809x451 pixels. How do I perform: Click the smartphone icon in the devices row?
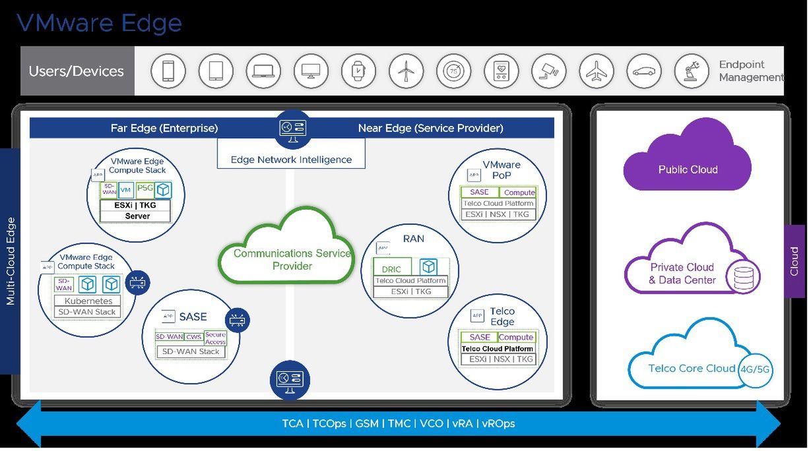tap(168, 71)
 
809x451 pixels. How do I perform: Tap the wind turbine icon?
tap(406, 71)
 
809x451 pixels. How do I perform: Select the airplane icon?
tap(596, 71)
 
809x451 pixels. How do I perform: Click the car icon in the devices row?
tap(643, 71)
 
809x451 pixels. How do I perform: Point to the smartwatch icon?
tap(358, 71)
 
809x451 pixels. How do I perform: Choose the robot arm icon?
tap(692, 71)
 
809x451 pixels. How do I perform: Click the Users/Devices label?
tap(77, 71)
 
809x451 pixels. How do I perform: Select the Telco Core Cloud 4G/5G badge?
tap(756, 369)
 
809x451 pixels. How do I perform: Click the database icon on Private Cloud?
tap(743, 278)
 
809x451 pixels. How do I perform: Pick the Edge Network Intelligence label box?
tap(291, 159)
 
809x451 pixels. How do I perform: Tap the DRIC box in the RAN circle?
tap(392, 269)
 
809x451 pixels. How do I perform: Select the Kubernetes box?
tap(88, 301)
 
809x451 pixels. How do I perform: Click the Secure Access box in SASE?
tap(215, 338)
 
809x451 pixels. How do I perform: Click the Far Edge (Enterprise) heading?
tap(164, 128)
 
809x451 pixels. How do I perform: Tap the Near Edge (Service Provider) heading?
tap(430, 128)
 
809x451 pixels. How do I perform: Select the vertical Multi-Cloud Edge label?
tap(11, 261)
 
